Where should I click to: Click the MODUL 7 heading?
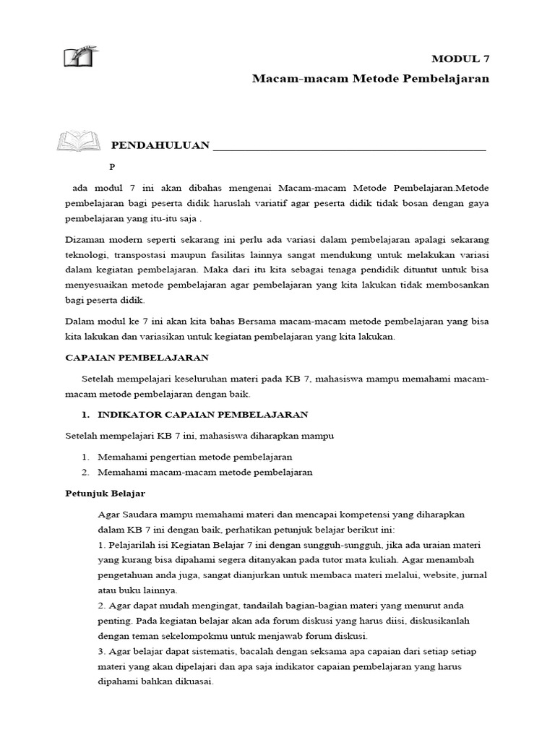click(460, 59)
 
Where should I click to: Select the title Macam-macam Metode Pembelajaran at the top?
click(370, 78)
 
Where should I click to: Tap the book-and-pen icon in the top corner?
click(80, 56)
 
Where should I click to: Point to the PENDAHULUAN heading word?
click(160, 145)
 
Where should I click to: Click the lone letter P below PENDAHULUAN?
click(112, 166)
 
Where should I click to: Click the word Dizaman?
click(87, 239)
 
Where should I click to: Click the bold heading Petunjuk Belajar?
click(106, 493)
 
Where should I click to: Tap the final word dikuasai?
click(190, 681)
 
